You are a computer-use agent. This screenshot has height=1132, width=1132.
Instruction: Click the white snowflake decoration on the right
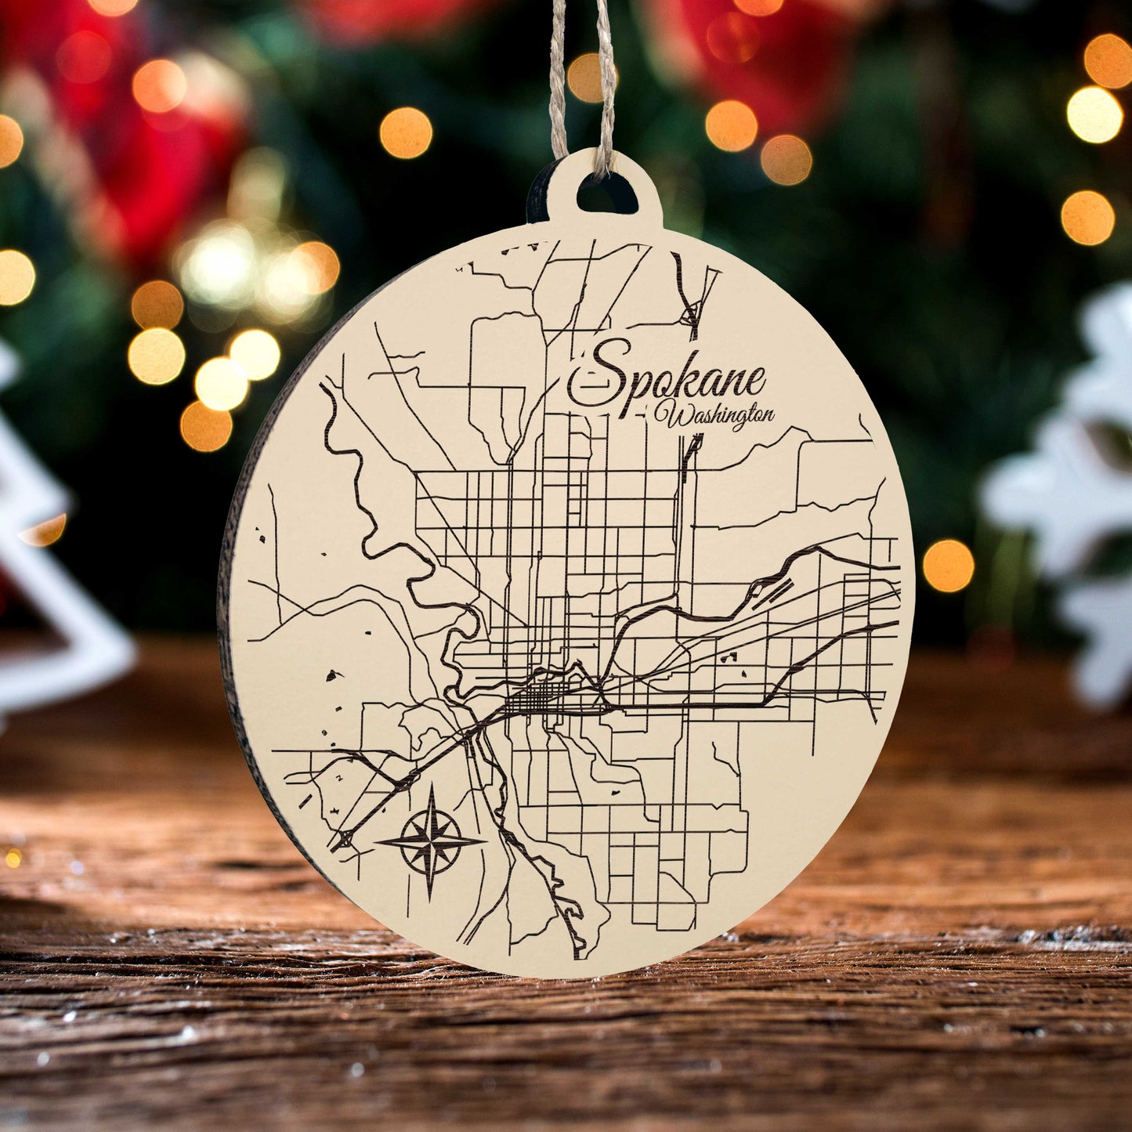coord(1073,486)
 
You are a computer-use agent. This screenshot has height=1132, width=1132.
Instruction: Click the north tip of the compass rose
coord(432,788)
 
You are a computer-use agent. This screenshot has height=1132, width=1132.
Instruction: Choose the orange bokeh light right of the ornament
coord(947,566)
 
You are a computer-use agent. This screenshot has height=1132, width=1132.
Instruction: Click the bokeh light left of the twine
coord(406,132)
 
